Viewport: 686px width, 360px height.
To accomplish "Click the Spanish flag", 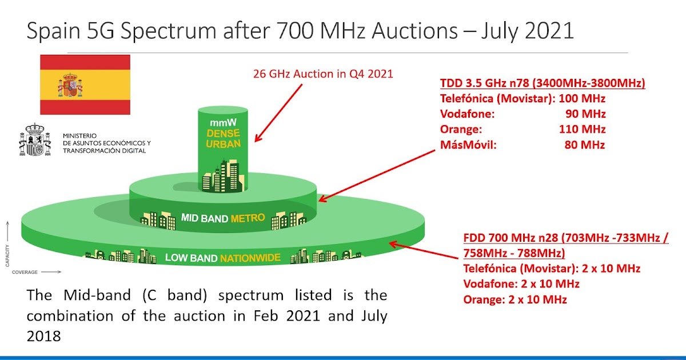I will (x=85, y=85).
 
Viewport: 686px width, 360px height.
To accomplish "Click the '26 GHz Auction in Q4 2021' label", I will (x=323, y=74).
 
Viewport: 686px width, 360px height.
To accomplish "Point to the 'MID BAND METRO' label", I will (x=222, y=218).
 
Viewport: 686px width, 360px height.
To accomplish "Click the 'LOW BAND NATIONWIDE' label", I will (x=222, y=258).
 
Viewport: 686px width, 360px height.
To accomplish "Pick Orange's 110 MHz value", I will (x=582, y=129).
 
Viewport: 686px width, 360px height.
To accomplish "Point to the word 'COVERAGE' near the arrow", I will (x=25, y=273).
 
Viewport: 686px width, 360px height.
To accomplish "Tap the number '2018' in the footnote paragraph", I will (x=43, y=336).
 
